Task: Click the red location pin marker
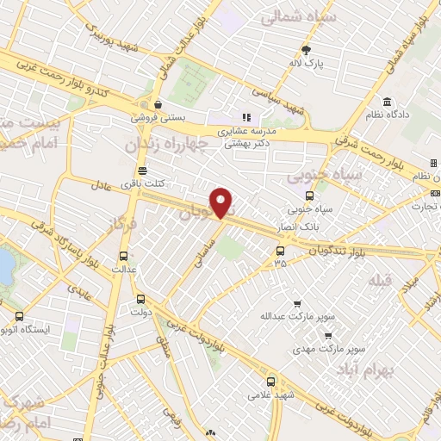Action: (222, 202)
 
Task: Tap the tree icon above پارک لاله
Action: (306, 49)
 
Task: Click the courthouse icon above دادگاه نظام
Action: (387, 101)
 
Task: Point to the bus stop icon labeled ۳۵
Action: (280, 252)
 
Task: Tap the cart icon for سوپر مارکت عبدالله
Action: (297, 304)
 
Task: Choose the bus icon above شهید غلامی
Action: (271, 381)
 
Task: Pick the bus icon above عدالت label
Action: (123, 256)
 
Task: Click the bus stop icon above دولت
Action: (140, 300)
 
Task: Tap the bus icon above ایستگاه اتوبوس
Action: (19, 315)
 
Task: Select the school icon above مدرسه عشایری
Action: (245, 117)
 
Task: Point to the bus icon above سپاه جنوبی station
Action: (309, 196)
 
